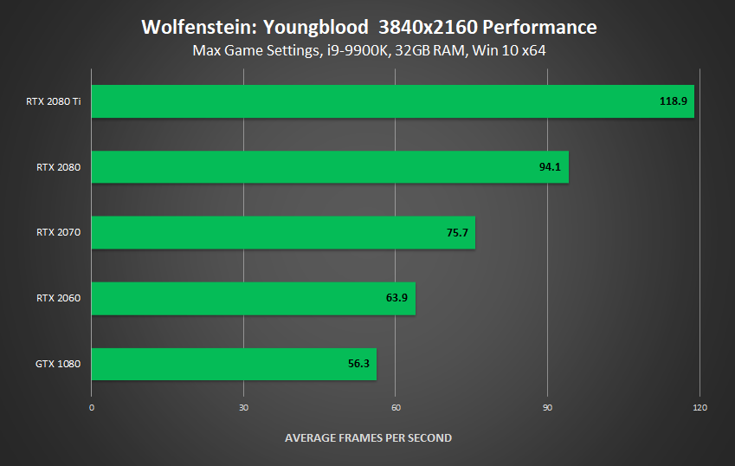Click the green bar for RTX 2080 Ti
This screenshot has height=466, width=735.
pyautogui.click(x=392, y=101)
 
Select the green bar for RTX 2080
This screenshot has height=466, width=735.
pyautogui.click(x=329, y=167)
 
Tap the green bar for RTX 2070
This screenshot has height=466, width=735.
pyautogui.click(x=283, y=232)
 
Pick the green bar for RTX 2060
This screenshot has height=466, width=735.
pyautogui.click(x=253, y=298)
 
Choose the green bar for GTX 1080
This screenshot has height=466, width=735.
pyautogui.click(x=234, y=364)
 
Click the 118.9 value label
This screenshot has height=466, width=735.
pyautogui.click(x=673, y=101)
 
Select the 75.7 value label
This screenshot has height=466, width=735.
pyautogui.click(x=457, y=232)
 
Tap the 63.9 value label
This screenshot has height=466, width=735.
pyautogui.click(x=397, y=298)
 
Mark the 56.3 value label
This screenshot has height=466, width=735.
pyautogui.click(x=358, y=364)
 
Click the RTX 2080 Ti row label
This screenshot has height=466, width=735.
pyautogui.click(x=53, y=101)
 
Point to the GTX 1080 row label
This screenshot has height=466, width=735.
pyautogui.click(x=58, y=364)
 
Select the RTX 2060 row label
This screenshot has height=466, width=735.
pyautogui.click(x=58, y=298)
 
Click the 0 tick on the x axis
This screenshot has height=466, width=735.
pyautogui.click(x=92, y=407)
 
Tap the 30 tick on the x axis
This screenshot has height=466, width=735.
pyautogui.click(x=243, y=407)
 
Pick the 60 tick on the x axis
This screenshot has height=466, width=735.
pyautogui.click(x=396, y=407)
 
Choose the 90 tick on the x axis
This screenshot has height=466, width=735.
pyautogui.click(x=547, y=407)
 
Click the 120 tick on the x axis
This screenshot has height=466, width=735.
pyautogui.click(x=700, y=407)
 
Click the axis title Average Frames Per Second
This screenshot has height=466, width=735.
pyautogui.click(x=368, y=437)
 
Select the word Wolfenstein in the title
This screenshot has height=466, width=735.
pyautogui.click(x=189, y=28)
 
